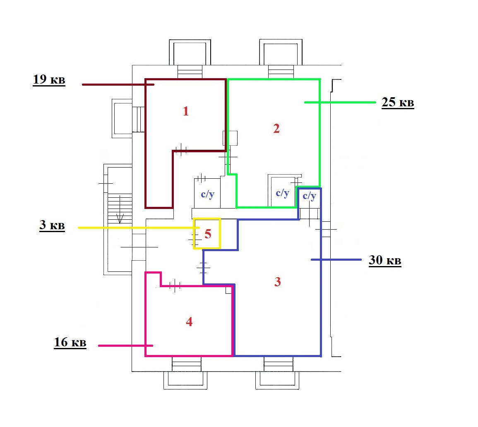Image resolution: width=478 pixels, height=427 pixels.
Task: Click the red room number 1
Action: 186,111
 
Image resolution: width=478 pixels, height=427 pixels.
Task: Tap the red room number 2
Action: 276,128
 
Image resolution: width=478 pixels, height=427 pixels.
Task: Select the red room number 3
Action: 277,282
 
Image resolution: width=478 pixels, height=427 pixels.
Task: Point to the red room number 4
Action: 189,321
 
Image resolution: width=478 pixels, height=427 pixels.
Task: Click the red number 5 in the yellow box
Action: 208,234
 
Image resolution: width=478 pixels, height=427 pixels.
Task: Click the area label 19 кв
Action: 49,79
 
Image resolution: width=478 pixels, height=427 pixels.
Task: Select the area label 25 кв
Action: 398,102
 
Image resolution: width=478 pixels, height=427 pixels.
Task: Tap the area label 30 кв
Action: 385,260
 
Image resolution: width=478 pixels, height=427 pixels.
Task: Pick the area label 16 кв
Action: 70,342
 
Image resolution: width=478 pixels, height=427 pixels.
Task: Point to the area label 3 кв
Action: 52,225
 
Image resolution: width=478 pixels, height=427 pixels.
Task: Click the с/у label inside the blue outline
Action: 310,196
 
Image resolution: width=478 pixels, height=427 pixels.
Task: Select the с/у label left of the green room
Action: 208,194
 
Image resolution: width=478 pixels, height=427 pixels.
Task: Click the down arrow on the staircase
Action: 120,210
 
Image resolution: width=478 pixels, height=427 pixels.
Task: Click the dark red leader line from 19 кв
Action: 118,84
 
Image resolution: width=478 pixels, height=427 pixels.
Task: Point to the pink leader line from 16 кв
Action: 125,345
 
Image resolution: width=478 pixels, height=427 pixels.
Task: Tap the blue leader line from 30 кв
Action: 336,260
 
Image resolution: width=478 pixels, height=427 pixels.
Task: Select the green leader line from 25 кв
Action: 340,103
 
